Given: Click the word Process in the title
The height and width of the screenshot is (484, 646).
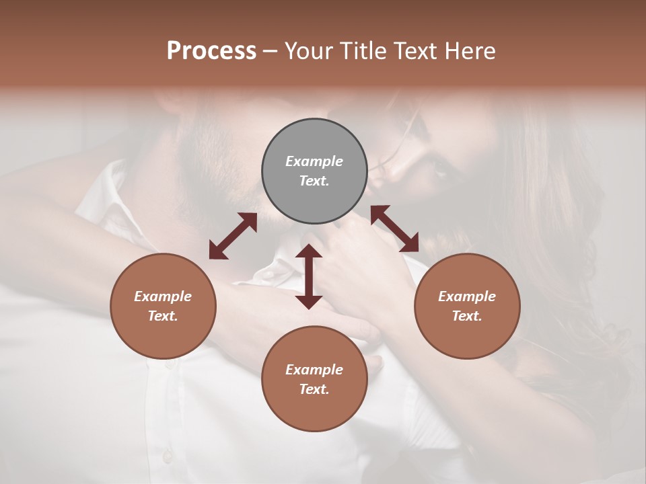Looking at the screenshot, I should click(x=211, y=51).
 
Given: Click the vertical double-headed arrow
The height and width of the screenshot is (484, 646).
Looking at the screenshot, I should click(x=309, y=276).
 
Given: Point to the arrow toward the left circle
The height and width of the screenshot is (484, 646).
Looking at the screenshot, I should click(x=233, y=236).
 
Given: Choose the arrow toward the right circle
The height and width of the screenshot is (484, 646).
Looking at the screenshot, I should click(x=395, y=229).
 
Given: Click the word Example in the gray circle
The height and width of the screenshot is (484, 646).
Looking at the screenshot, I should click(x=314, y=161).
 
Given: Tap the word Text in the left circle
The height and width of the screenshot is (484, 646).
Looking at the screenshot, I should click(x=163, y=316).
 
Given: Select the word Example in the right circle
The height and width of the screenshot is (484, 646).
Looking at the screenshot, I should click(x=467, y=296).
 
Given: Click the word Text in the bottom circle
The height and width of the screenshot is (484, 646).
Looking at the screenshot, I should click(x=314, y=389).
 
